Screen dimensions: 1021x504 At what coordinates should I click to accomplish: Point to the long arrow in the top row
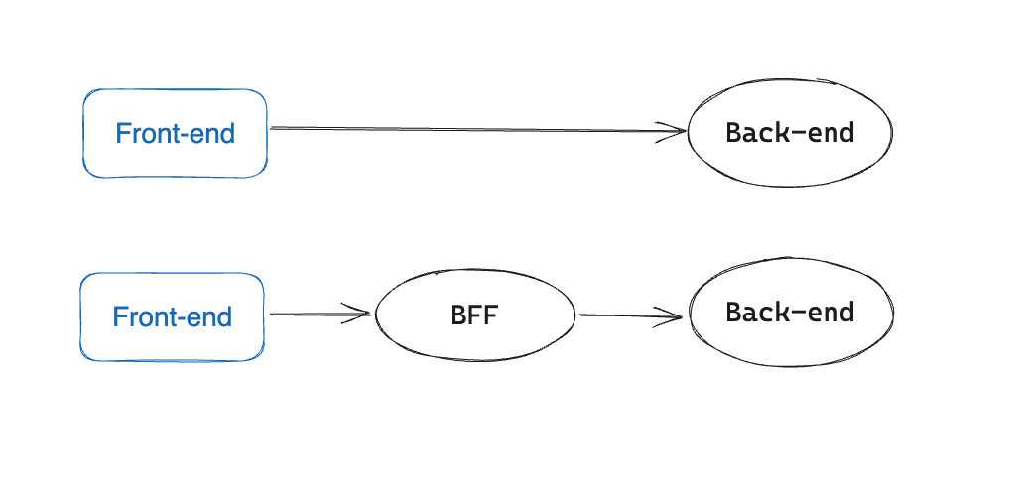click(x=478, y=130)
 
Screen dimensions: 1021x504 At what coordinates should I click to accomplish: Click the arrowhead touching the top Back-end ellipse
click(x=672, y=132)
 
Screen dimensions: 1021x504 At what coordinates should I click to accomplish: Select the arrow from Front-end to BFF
click(x=319, y=315)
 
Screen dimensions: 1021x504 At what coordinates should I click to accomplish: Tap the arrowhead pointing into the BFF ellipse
click(x=357, y=314)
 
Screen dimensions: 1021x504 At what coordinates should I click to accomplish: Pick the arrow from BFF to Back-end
click(x=631, y=316)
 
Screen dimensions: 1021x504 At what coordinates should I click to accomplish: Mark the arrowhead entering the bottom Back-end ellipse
click(x=668, y=317)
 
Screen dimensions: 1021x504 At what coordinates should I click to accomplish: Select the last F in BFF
click(x=491, y=315)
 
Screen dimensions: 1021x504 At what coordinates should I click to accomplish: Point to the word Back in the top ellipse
click(x=752, y=133)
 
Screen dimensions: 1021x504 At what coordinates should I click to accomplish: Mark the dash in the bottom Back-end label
click(x=794, y=314)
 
